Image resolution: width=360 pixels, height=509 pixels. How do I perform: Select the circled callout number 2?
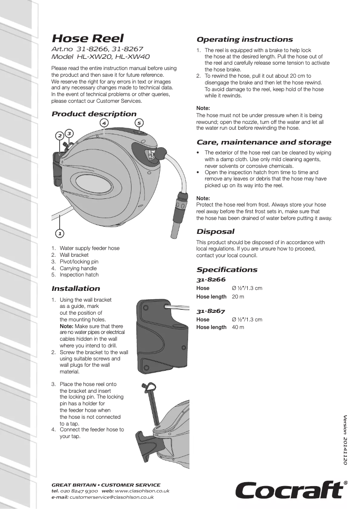[59, 136]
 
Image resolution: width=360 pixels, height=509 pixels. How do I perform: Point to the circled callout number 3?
[69, 133]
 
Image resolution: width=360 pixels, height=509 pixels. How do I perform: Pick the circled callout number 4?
[104, 123]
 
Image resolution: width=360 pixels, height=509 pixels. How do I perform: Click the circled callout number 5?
[139, 123]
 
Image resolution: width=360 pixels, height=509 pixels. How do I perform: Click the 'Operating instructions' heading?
[245, 39]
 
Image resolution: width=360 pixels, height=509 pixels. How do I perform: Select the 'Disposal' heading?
[215, 232]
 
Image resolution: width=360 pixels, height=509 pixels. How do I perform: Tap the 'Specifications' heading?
[227, 270]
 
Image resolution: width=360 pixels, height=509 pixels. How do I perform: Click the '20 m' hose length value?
[238, 297]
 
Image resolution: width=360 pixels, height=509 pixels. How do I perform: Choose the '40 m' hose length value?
[238, 327]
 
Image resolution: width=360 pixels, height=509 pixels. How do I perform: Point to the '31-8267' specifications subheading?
[211, 311]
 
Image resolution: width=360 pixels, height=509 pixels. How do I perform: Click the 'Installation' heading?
[76, 289]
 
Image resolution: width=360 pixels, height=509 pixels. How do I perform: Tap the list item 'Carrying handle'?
[78, 268]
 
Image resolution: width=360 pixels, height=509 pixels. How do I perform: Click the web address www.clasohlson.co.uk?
[142, 491]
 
